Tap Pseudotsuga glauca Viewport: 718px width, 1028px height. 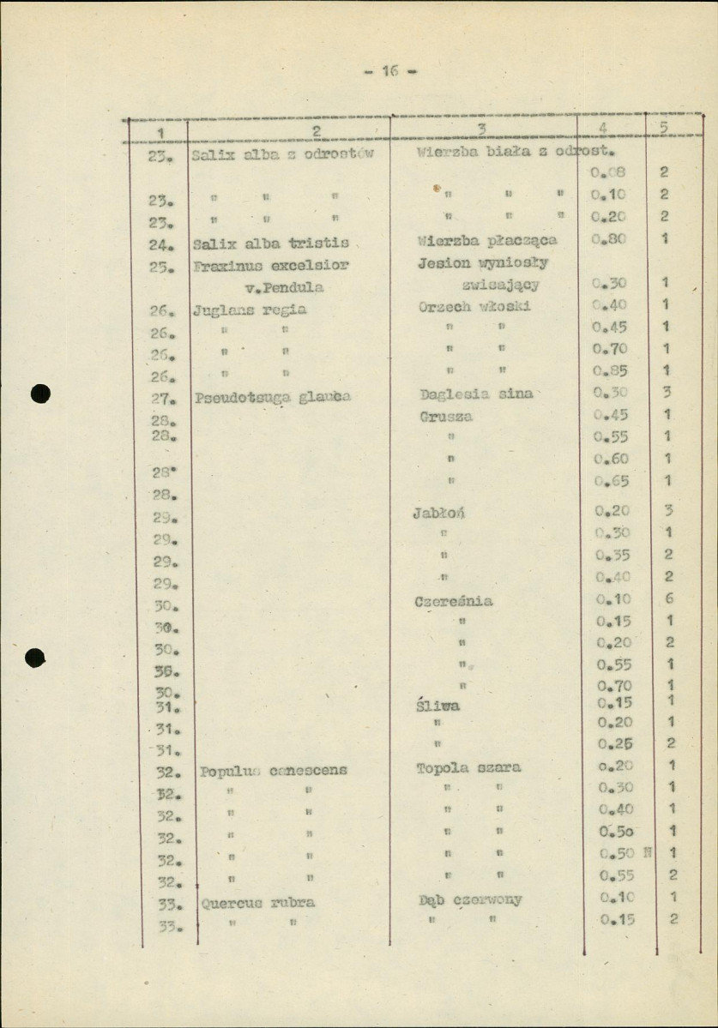tap(273, 397)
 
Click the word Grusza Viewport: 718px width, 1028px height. tap(446, 416)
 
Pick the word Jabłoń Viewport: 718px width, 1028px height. tap(444, 514)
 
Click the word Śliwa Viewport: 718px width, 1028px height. tap(437, 706)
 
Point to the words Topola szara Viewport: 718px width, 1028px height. tap(468, 767)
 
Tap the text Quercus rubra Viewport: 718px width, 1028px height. tap(258, 902)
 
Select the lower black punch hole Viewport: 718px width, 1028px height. tap(36, 658)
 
